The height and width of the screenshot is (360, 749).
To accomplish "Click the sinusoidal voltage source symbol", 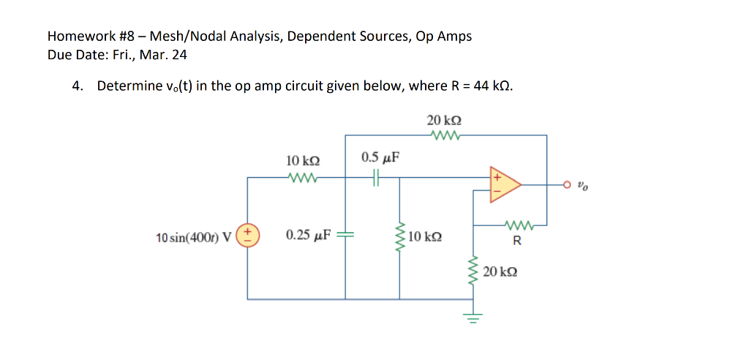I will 247,236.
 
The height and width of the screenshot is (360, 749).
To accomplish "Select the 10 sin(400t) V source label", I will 193,237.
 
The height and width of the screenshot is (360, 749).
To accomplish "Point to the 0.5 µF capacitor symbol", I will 376,177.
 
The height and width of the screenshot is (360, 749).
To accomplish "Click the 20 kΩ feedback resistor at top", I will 445,135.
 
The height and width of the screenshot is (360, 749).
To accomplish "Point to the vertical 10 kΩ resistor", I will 399,236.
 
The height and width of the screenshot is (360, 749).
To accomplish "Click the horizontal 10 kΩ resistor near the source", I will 301,177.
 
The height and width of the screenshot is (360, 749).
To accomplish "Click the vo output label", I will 581,186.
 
